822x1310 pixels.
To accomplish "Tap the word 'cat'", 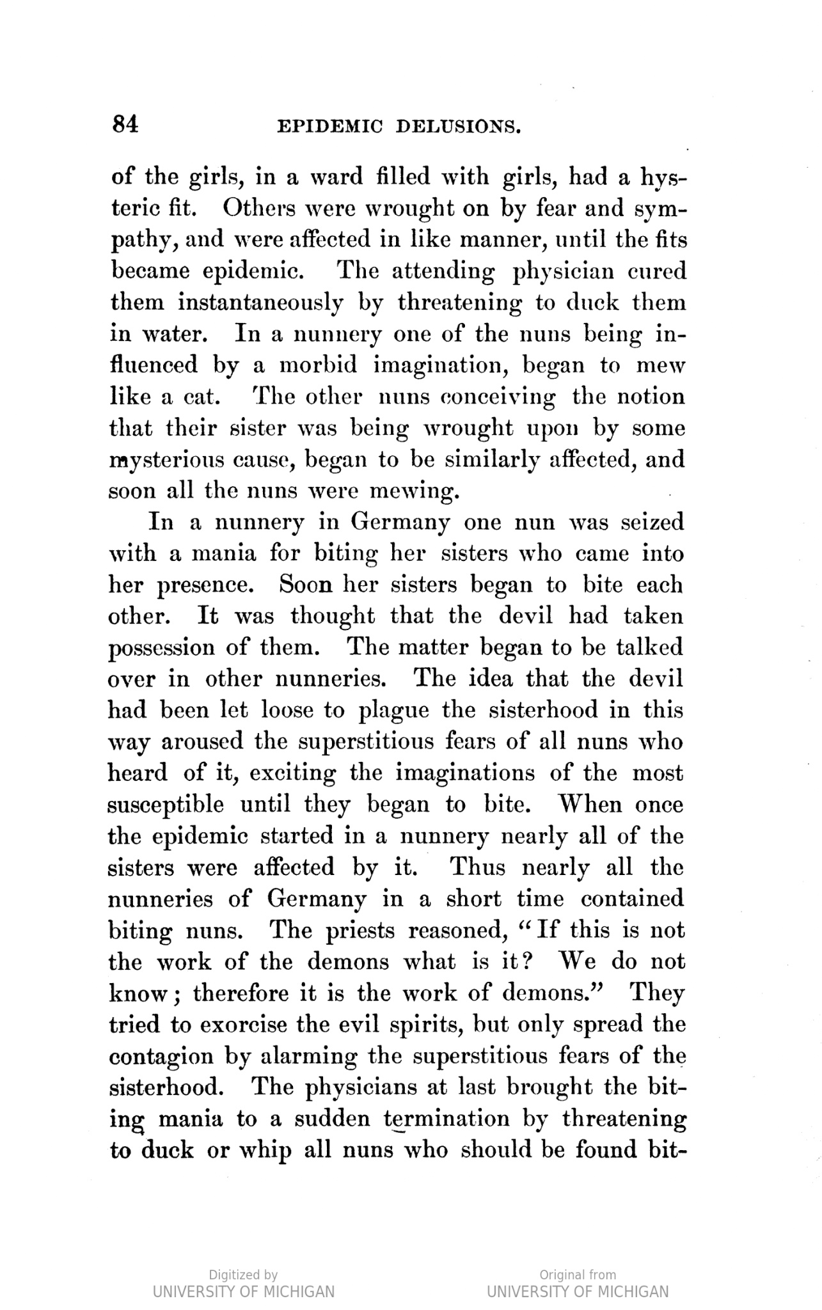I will [x=202, y=397].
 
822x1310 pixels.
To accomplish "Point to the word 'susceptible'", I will [x=166, y=805].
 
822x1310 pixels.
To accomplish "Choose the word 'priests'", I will [x=360, y=931].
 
